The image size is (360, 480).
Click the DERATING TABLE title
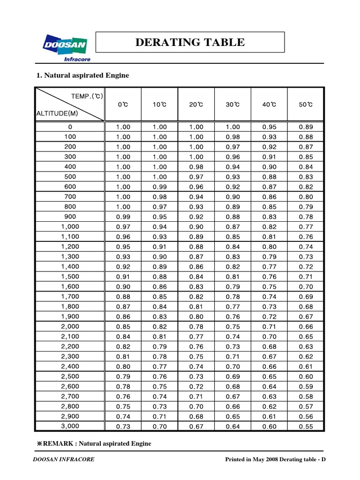click(x=190, y=43)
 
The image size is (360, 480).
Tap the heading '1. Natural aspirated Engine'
click(x=82, y=75)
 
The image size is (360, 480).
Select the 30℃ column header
click(x=233, y=105)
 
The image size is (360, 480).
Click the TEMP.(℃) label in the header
click(x=87, y=96)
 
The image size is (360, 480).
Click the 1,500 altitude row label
click(x=70, y=276)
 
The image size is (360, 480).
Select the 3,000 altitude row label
click(x=70, y=426)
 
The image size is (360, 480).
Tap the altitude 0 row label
click(x=70, y=127)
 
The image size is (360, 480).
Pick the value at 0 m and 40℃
click(x=270, y=127)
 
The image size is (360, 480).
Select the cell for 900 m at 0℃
click(x=123, y=217)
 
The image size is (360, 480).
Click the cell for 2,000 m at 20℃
click(x=196, y=326)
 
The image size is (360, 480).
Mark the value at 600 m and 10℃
click(x=160, y=187)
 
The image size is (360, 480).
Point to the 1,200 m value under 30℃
click(x=233, y=247)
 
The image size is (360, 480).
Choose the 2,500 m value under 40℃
click(x=270, y=376)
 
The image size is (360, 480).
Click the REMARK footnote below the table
click(x=94, y=443)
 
